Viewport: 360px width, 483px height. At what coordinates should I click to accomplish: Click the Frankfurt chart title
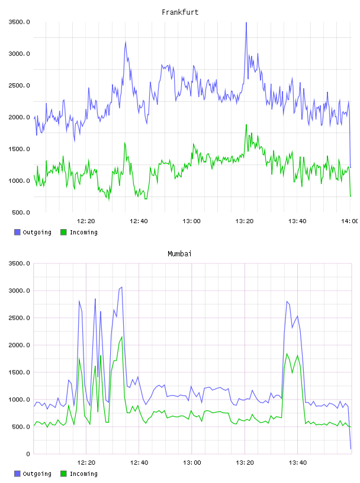[180, 12]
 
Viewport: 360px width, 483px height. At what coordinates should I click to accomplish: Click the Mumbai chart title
[179, 254]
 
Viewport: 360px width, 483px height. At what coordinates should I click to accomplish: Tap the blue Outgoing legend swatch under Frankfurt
[17, 232]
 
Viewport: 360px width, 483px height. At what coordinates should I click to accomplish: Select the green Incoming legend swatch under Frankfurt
[63, 232]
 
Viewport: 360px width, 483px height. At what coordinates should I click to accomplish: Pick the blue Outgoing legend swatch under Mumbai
[17, 474]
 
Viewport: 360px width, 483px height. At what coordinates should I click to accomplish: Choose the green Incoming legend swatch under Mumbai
[63, 474]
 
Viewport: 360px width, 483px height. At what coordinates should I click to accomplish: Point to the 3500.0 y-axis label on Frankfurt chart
[19, 22]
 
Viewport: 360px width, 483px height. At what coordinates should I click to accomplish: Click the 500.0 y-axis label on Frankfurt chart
[21, 212]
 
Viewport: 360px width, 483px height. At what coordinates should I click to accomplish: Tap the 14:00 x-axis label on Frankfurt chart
[349, 221]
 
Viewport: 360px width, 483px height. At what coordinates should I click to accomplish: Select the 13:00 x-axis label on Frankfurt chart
[191, 221]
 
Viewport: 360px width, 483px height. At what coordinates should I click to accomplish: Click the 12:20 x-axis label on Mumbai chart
[86, 463]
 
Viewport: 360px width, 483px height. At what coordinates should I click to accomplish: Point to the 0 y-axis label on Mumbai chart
[28, 454]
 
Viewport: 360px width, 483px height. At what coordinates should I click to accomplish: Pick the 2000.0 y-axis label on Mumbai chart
[19, 345]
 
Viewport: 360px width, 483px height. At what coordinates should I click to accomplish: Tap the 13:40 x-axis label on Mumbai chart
[298, 463]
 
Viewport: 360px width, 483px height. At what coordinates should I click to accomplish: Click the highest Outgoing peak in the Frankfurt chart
[246, 23]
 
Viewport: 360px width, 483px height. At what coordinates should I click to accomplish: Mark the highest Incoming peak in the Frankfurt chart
[246, 125]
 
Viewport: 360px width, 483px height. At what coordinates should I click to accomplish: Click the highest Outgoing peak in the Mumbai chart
[122, 287]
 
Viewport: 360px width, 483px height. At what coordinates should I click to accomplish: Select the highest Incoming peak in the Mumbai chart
[122, 337]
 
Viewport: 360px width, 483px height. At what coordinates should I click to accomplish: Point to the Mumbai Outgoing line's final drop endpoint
[351, 449]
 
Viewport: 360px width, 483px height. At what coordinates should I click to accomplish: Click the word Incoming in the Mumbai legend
[83, 474]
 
